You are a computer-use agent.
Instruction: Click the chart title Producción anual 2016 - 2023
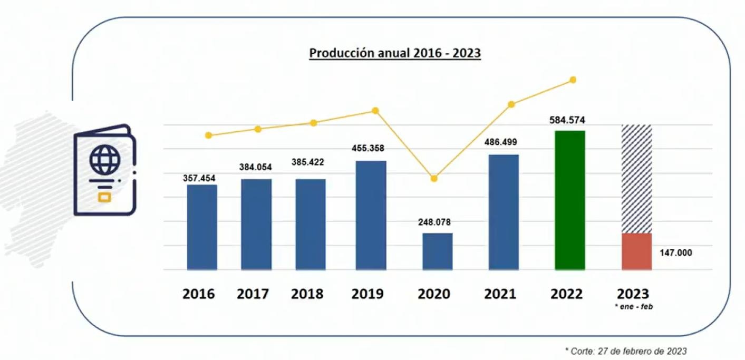394,53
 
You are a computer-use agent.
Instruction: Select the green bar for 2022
570,200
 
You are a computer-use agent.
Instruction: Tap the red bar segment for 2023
636,251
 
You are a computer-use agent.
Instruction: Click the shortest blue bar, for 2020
437,251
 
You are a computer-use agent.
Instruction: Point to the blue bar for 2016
202,227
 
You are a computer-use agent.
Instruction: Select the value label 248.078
434,222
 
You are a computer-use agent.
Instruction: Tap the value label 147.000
675,253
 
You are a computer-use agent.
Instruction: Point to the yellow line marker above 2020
434,179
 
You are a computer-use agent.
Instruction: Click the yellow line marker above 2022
573,80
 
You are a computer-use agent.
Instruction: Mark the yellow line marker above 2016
208,135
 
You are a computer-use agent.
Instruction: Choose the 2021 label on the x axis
500,294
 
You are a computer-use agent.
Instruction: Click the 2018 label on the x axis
307,294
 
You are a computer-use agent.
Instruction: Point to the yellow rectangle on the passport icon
105,197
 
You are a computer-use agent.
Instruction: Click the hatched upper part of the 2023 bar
636,179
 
